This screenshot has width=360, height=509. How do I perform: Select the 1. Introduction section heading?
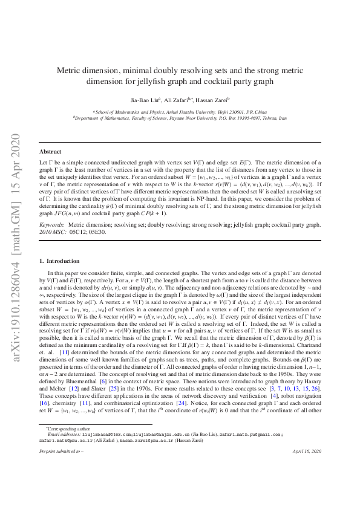pyautogui.click(x=58, y=261)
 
